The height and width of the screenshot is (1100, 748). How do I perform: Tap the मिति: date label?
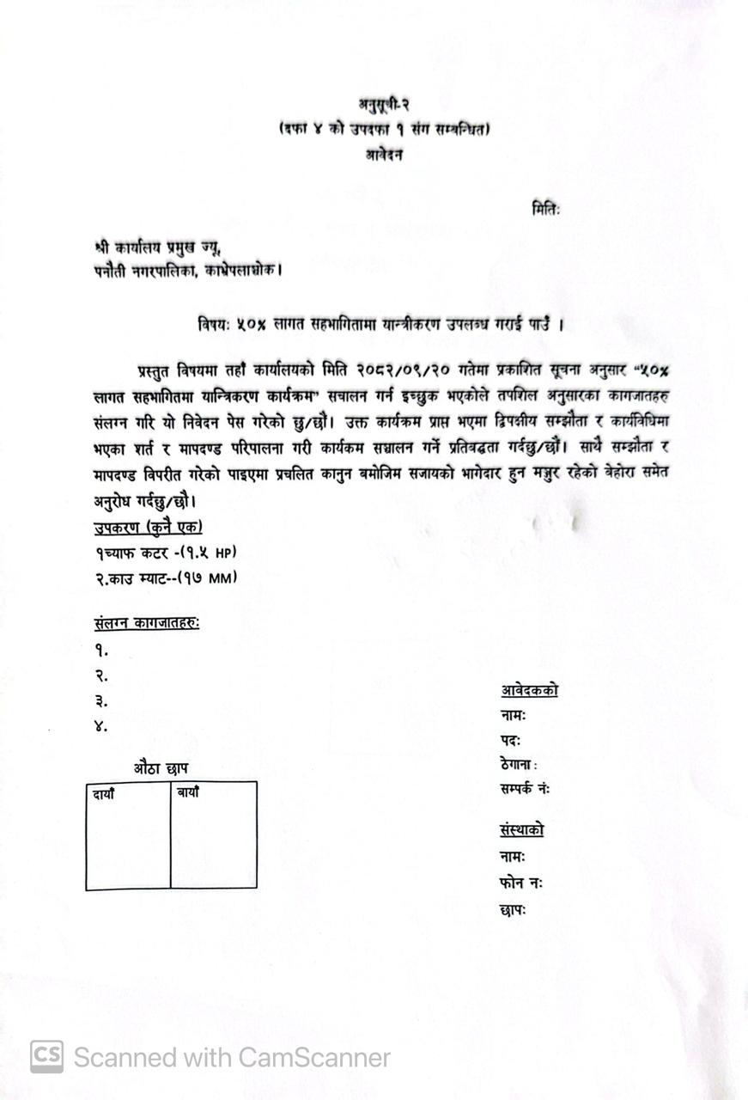click(x=545, y=208)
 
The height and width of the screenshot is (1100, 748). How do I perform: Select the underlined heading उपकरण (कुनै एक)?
click(x=149, y=528)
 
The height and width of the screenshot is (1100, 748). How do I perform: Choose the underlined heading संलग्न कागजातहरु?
click(x=147, y=623)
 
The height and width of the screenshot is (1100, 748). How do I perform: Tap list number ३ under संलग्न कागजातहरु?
click(x=101, y=701)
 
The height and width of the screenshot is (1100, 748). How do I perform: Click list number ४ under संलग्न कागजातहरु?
click(x=101, y=726)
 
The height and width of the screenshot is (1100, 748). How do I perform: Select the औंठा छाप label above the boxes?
click(x=161, y=768)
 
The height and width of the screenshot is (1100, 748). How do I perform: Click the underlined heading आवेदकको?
click(x=529, y=690)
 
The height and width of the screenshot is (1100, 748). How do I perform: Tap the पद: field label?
click(x=510, y=740)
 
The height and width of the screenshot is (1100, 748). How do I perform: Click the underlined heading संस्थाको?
click(x=521, y=830)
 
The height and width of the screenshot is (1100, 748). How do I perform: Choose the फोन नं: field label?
click(x=520, y=883)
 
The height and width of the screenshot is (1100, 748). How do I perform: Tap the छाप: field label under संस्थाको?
click(x=512, y=908)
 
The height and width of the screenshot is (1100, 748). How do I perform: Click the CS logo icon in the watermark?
click(x=46, y=1057)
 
